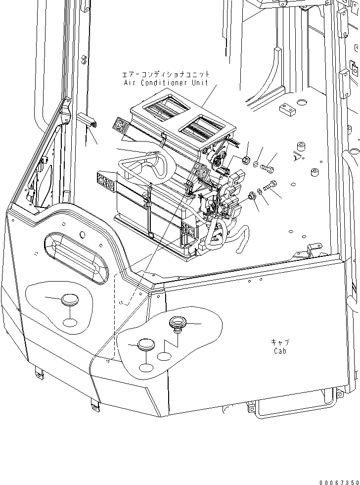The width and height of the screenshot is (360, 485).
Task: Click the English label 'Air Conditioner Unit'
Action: pos(166,83)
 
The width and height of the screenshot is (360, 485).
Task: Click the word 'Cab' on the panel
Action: pos(280,351)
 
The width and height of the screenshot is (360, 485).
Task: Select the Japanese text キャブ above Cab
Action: pos(280,342)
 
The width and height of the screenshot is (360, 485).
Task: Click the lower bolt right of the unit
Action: pos(270,187)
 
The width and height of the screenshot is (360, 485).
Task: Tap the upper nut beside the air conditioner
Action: pos(245,159)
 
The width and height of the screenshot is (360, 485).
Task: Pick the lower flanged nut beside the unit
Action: pos(251,195)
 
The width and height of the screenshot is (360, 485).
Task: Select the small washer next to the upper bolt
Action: pos(256,164)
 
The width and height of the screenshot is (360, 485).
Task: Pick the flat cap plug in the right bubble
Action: pos(146,344)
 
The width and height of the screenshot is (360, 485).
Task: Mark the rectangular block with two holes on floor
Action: pos(287,109)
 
